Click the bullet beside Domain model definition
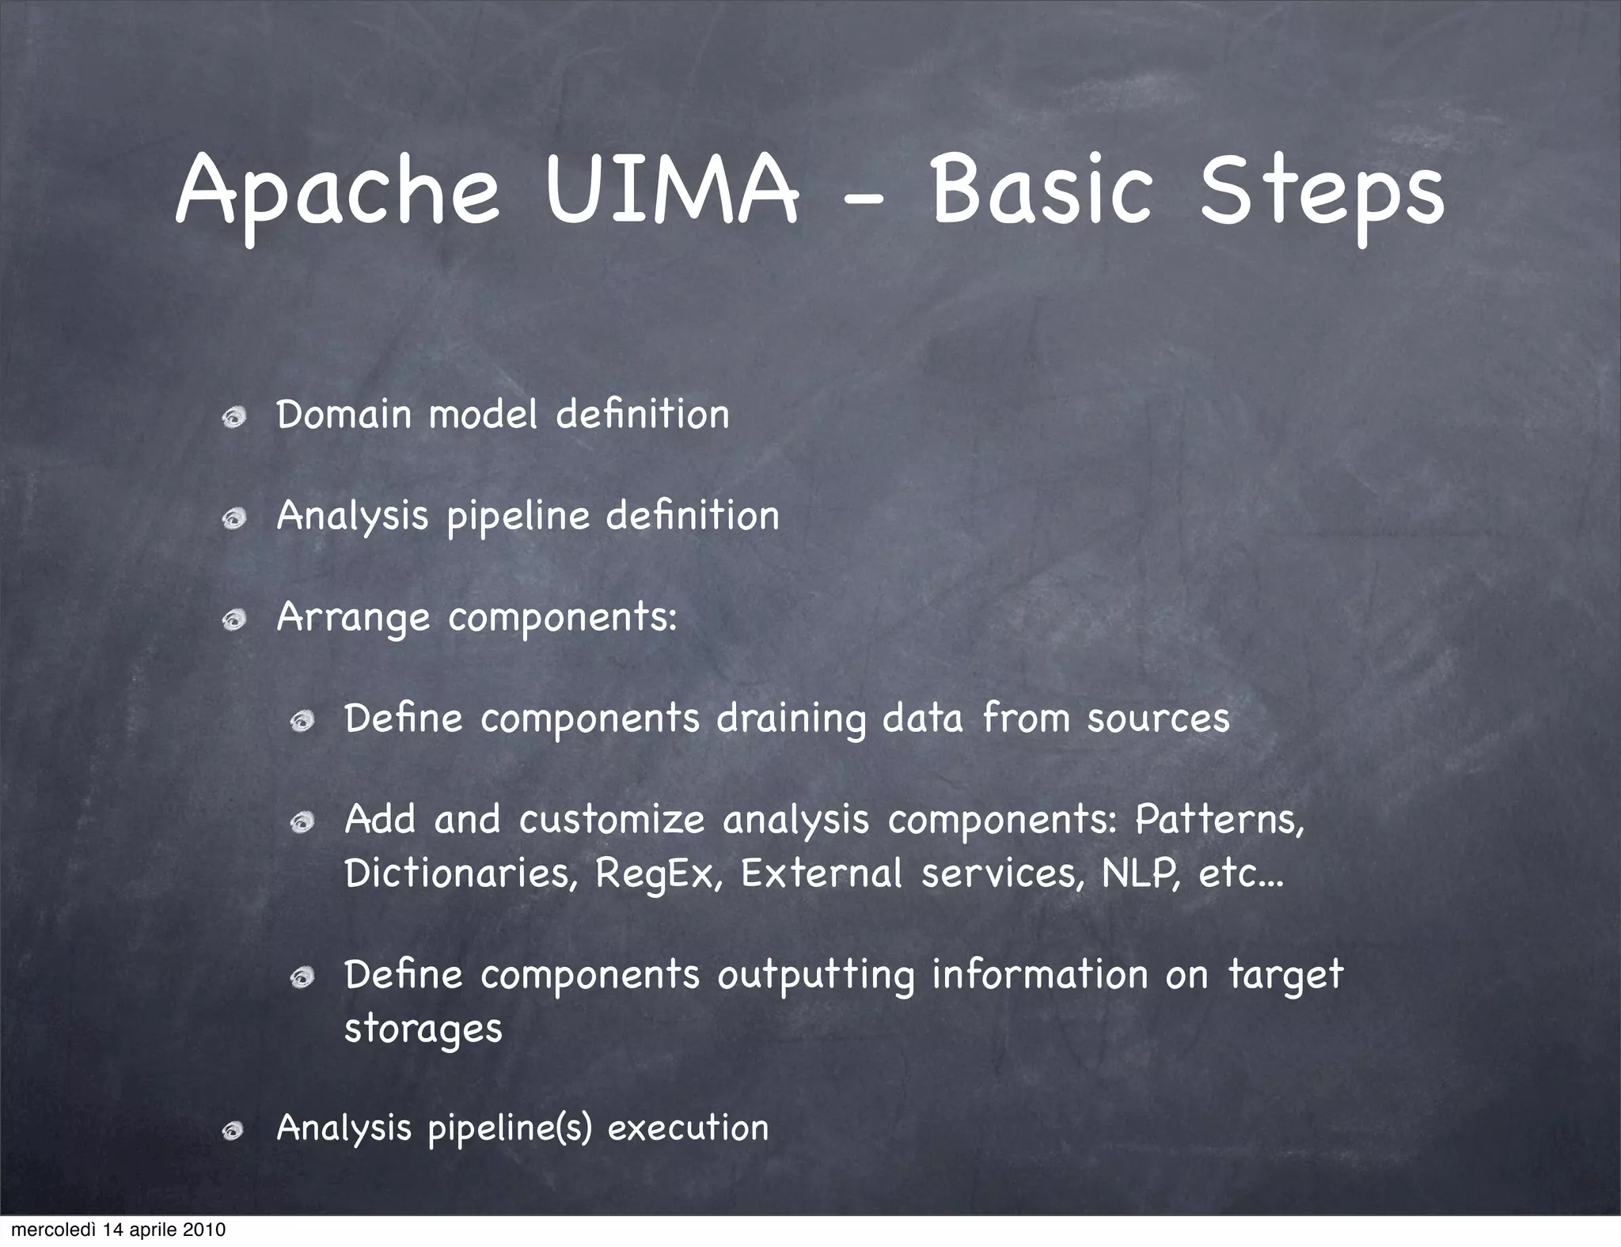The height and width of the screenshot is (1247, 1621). [x=233, y=418]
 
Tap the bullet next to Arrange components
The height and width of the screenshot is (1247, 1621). [x=233, y=620]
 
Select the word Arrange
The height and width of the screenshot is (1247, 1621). [x=352, y=619]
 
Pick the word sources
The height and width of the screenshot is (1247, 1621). [x=1158, y=718]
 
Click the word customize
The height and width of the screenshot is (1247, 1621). [x=611, y=820]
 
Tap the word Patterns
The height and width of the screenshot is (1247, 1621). [x=1218, y=820]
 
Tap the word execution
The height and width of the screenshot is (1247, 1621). [x=688, y=1128]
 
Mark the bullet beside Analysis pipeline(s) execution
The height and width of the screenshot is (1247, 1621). [x=233, y=1131]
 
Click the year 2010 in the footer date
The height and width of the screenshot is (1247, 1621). [x=204, y=1230]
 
